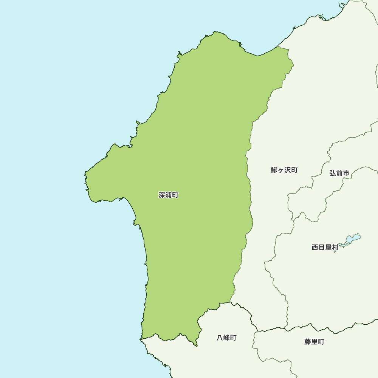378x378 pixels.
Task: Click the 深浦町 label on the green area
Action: pyautogui.click(x=169, y=195)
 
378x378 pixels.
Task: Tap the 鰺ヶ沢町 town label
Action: pyautogui.click(x=284, y=170)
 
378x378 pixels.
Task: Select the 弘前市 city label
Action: pyautogui.click(x=339, y=173)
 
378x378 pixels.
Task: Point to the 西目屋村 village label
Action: pyautogui.click(x=325, y=248)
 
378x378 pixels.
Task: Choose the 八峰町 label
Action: pyautogui.click(x=226, y=338)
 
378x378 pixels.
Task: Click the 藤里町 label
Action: pyautogui.click(x=314, y=342)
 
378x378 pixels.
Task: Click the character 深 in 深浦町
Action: pyautogui.click(x=162, y=195)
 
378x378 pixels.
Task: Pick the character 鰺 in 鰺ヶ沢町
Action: pyautogui.click(x=274, y=170)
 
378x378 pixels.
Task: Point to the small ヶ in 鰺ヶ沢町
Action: pyautogui.click(x=281, y=170)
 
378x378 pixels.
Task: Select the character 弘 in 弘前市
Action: pyautogui.click(x=332, y=173)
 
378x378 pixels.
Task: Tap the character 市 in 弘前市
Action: pyautogui.click(x=345, y=173)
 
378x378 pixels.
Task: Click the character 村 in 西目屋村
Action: pyautogui.click(x=335, y=248)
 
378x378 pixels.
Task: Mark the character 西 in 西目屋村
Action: pyautogui.click(x=315, y=248)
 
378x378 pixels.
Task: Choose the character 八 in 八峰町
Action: pyautogui.click(x=220, y=338)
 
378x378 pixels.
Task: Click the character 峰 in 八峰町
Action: pyautogui.click(x=226, y=338)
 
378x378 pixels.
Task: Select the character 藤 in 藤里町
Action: pyautogui.click(x=308, y=342)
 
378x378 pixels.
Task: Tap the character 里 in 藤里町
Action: pyautogui.click(x=314, y=342)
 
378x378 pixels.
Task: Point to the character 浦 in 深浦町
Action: pyautogui.click(x=169, y=195)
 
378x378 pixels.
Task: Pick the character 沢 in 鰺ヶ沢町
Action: pyautogui.click(x=288, y=170)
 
